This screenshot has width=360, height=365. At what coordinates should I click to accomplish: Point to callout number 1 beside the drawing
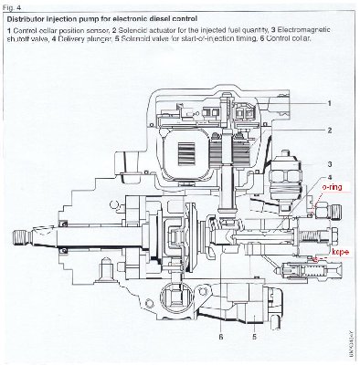pyautogui.click(x=328, y=105)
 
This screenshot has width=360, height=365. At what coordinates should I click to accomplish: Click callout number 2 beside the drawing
pyautogui.click(x=328, y=130)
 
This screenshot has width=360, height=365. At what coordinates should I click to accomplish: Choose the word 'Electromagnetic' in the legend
pyautogui.click(x=306, y=31)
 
